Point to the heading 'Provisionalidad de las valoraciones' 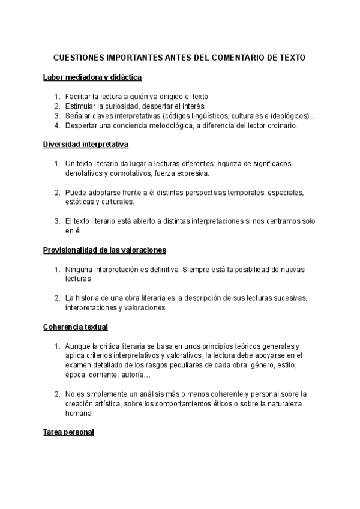[x=104, y=250]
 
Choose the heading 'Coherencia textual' [x=76, y=327]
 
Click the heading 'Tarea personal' [x=68, y=432]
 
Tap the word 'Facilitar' [x=79, y=96]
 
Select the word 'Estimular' [x=80, y=106]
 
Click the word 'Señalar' [x=78, y=116]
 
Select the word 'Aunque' [x=77, y=346]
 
